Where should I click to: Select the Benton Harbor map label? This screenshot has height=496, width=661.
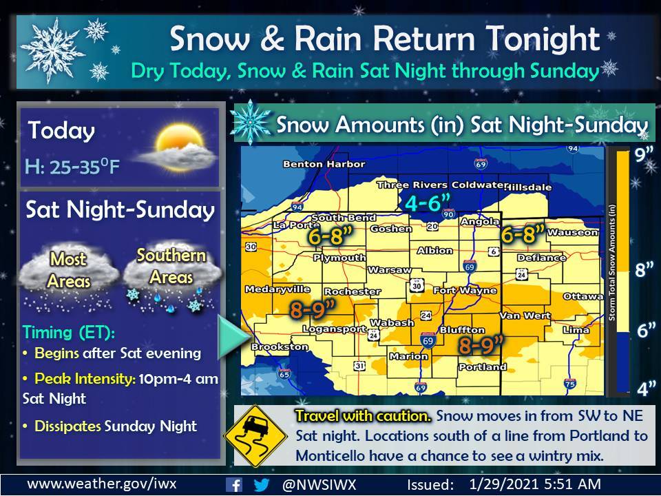tap(313, 165)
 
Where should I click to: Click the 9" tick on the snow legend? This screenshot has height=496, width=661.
tap(644, 156)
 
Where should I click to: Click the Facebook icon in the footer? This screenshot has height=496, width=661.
tap(235, 484)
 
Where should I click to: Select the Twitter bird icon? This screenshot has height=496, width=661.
tap(261, 484)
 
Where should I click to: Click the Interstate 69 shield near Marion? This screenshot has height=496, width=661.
tap(428, 340)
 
